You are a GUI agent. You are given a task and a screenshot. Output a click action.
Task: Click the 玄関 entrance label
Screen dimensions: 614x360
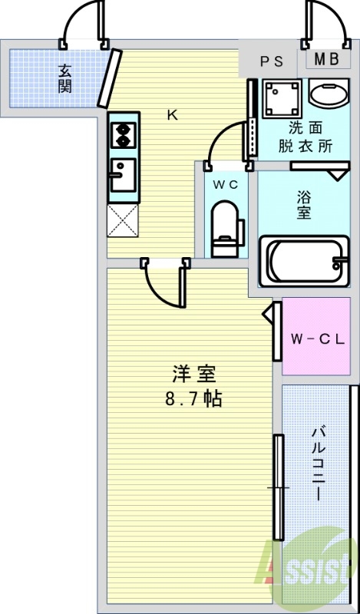[x=64, y=78]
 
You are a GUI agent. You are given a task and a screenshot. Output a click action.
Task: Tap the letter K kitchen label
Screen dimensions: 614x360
[x=173, y=116]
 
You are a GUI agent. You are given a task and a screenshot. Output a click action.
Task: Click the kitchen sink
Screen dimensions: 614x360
[x=122, y=175]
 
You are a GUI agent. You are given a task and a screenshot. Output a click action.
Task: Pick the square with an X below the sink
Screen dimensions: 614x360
[x=122, y=220]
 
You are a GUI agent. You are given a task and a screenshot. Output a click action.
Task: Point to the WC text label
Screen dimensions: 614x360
[x=226, y=184]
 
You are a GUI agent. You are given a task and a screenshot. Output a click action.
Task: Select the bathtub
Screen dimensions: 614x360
[x=305, y=262]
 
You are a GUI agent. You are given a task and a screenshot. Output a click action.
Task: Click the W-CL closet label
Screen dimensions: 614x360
[x=315, y=337]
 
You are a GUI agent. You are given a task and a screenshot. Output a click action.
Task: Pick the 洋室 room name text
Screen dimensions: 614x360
[x=194, y=375]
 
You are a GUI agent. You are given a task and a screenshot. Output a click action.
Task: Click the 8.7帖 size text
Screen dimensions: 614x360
[x=194, y=400]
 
